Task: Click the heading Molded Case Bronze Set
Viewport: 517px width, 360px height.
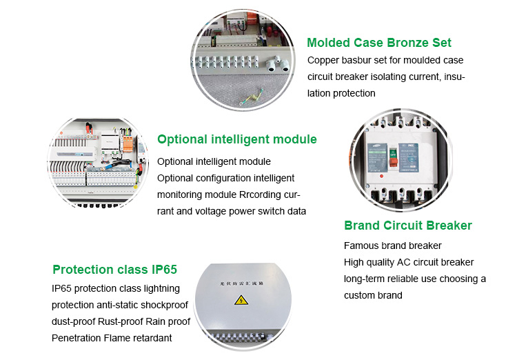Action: pyautogui.click(x=379, y=43)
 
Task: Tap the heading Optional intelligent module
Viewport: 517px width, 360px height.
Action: pyautogui.click(x=236, y=139)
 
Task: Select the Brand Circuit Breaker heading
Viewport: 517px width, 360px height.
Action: pyautogui.click(x=408, y=226)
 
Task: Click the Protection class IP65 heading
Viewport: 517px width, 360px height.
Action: pyautogui.click(x=114, y=270)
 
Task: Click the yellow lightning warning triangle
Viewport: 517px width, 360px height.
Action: pyautogui.click(x=241, y=300)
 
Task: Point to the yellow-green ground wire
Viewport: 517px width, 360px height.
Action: pyautogui.click(x=251, y=98)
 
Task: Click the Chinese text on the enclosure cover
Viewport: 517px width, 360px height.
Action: pyautogui.click(x=241, y=283)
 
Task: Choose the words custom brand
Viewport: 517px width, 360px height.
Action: pyautogui.click(x=373, y=295)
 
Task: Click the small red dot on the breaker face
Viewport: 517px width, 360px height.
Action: pyautogui.click(x=381, y=176)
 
